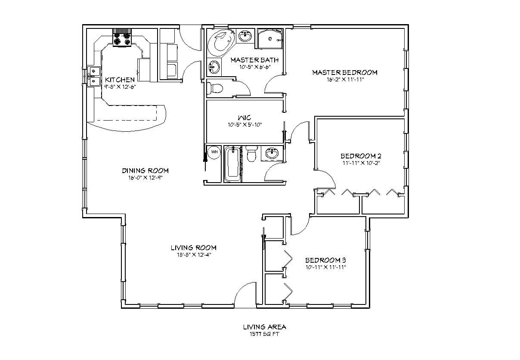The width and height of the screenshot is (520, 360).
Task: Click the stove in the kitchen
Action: click(122, 39)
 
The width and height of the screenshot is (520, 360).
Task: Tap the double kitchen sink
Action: click(93, 76)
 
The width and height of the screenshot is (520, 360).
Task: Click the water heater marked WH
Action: click(214, 152)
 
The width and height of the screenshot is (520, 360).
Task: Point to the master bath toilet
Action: click(216, 88)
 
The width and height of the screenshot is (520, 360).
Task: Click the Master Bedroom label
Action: click(344, 72)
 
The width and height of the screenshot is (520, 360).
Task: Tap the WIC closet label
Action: click(245, 118)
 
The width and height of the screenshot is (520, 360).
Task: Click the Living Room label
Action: click(193, 248)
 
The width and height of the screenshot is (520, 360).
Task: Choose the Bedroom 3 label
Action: click(325, 260)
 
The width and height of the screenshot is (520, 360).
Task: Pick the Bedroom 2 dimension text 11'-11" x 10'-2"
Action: click(361, 163)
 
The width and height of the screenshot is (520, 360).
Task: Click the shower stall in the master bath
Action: click(270, 38)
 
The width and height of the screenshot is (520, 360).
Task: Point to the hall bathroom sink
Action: click(272, 153)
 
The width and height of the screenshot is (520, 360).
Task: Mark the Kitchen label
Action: click(120, 80)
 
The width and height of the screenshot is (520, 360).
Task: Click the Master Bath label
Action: click(254, 60)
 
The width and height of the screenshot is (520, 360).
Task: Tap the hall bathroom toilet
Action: click(252, 154)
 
